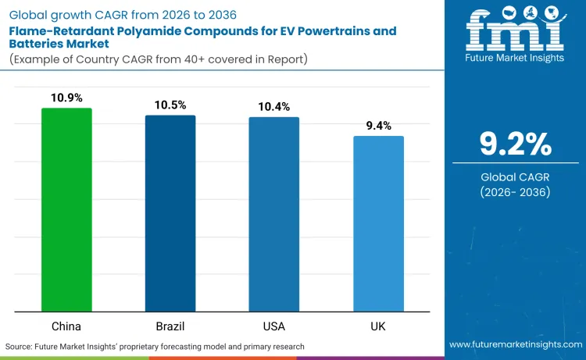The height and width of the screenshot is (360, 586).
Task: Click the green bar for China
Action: (66, 209)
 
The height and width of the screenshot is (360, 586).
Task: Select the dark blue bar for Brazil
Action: (170, 213)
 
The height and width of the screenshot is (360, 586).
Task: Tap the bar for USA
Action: (274, 214)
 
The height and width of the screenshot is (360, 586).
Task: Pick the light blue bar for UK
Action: (378, 223)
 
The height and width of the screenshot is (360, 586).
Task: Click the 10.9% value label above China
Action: (66, 98)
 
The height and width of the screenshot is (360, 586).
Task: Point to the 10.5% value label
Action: (170, 105)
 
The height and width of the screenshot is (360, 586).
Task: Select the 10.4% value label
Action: (274, 106)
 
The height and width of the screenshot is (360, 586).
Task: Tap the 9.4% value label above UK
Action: (378, 126)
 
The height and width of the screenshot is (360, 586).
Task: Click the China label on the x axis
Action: (66, 324)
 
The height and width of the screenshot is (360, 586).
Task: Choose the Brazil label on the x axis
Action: (170, 324)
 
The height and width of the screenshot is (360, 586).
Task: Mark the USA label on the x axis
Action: (274, 324)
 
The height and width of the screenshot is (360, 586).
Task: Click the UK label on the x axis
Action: (378, 324)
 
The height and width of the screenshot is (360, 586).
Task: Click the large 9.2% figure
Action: (516, 144)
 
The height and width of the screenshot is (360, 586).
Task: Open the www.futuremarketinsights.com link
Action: (516, 345)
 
